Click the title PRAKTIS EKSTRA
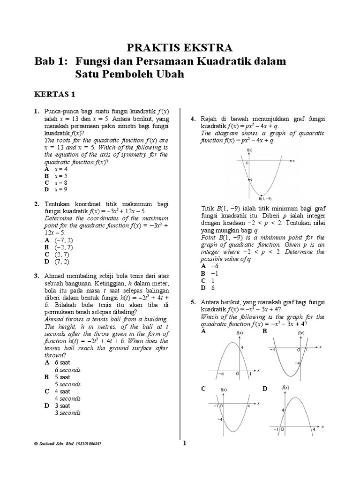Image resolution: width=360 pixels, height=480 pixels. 180,48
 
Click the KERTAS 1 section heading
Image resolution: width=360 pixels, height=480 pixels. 55,94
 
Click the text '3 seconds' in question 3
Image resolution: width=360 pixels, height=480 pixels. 67,413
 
